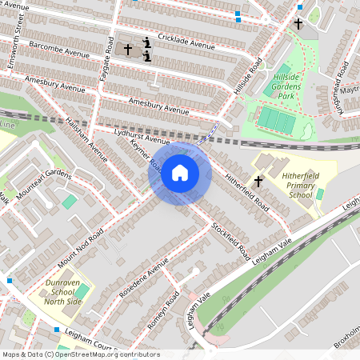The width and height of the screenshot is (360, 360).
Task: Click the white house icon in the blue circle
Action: point(179,172)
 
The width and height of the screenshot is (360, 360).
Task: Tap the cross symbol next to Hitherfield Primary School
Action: point(258,182)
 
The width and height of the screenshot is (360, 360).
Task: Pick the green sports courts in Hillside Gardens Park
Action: point(276,120)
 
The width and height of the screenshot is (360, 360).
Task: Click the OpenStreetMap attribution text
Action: point(80,354)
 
